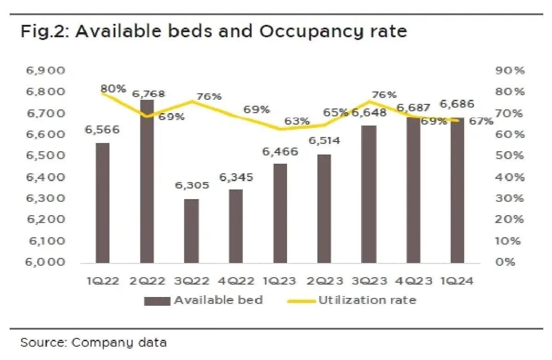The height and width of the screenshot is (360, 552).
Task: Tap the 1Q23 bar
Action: (x=280, y=213)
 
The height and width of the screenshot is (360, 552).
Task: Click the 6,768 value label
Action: (x=148, y=94)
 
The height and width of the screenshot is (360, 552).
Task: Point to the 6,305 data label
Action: (x=192, y=186)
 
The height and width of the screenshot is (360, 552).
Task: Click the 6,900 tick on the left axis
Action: (x=47, y=71)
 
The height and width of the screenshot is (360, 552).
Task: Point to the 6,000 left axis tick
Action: (x=47, y=262)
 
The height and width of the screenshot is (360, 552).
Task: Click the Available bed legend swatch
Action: (x=157, y=301)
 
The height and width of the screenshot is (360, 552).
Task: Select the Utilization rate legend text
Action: (x=367, y=301)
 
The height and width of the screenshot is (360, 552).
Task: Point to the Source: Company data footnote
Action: (x=93, y=343)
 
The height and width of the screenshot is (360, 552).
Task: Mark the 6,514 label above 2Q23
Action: (x=325, y=140)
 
